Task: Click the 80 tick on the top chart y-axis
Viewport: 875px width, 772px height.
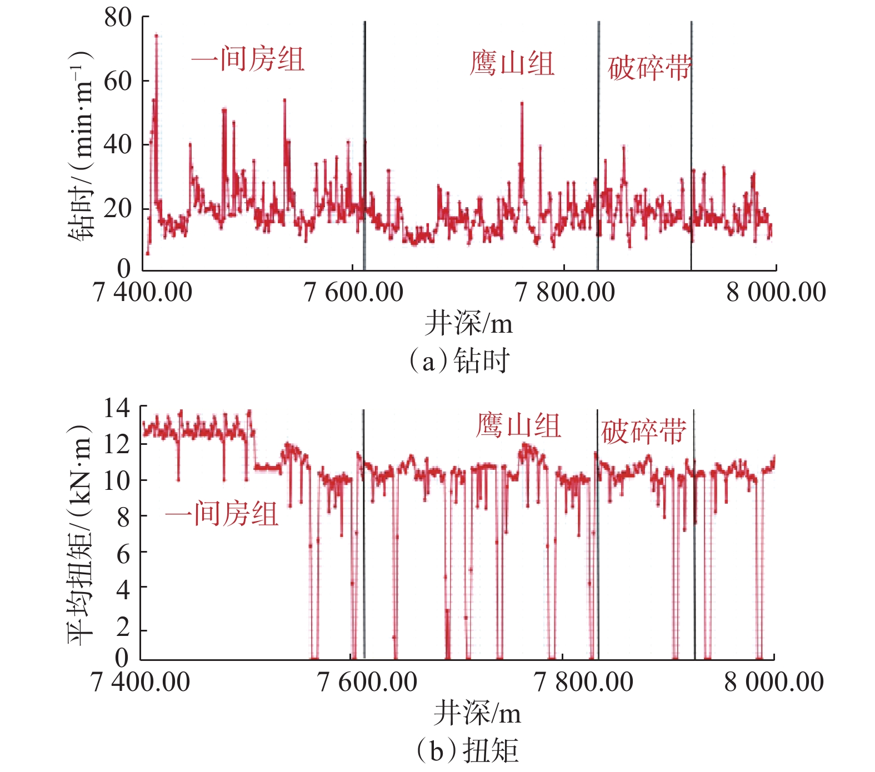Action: pos(118,17)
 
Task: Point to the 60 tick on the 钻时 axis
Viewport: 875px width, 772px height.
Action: pos(118,81)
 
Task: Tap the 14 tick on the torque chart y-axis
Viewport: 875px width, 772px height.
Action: pos(117,408)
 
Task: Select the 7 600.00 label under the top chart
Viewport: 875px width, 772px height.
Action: pos(354,292)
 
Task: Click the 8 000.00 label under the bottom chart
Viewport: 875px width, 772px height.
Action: pos(774,681)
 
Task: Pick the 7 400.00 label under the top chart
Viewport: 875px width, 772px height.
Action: pos(143,292)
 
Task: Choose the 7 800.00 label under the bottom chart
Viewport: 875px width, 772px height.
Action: pos(583,681)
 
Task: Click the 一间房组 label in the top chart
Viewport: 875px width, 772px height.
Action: pos(248,59)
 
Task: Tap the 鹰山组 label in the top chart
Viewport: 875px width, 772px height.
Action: pos(512,63)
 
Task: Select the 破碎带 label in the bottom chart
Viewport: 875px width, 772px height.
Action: pos(643,432)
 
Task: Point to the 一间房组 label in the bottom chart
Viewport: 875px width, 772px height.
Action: pos(221,514)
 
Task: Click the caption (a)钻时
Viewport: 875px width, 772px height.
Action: pos(459,361)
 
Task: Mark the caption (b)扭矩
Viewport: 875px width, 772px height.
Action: pos(467,750)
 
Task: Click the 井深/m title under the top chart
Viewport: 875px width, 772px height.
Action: pos(468,323)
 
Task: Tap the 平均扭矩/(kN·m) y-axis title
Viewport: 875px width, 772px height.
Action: pos(79,534)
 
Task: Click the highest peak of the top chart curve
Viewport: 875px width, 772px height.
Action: pos(157,36)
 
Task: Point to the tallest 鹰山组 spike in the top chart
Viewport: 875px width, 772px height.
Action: pos(522,103)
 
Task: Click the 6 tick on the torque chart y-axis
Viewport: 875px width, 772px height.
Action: pos(123,553)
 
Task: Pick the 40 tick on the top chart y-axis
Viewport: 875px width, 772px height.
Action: pos(118,145)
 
